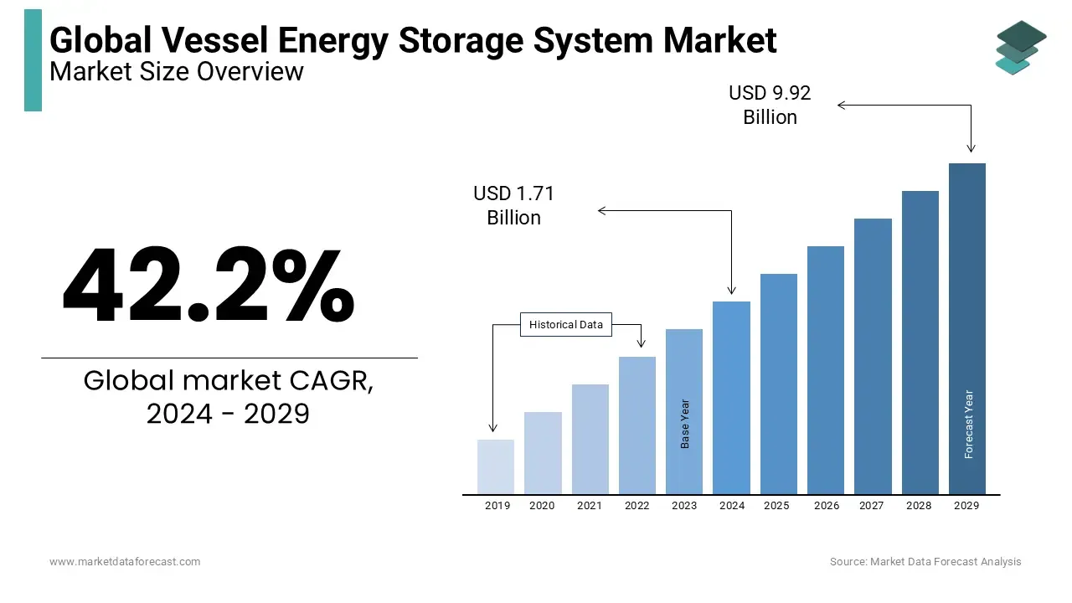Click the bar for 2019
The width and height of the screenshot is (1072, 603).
[495, 466]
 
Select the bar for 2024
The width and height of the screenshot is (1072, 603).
[731, 397]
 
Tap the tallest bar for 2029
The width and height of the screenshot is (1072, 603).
[966, 328]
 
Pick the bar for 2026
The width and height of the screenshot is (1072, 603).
[825, 369]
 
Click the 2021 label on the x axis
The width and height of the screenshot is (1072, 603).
[589, 506]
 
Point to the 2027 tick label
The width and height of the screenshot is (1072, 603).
[871, 506]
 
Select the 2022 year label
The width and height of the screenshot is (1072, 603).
[636, 506]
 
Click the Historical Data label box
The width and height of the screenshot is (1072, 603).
[566, 325]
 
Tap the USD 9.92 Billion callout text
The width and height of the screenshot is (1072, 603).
[770, 105]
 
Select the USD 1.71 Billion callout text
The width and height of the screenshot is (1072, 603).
[513, 205]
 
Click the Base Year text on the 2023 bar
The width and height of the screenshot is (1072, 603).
[685, 424]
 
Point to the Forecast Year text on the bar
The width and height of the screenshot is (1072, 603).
[969, 425]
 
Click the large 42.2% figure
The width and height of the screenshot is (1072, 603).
[209, 286]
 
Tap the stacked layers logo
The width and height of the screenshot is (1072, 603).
[1019, 47]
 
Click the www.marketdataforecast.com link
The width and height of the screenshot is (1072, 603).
[125, 562]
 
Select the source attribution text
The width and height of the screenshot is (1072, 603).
[925, 562]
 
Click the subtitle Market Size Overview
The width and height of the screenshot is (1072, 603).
[177, 72]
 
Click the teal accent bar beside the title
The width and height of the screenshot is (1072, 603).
[33, 60]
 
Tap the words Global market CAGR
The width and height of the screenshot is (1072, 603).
[229, 381]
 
